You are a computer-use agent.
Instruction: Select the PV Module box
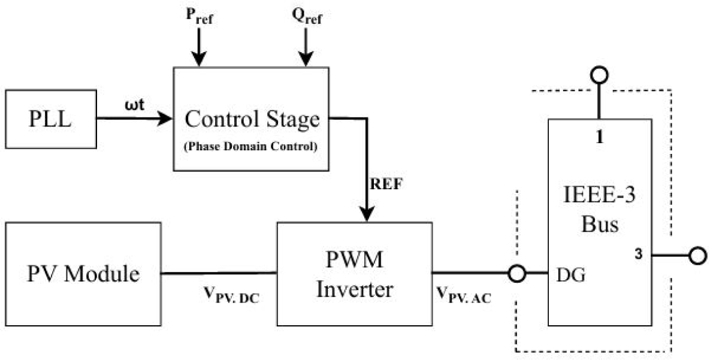tap(83, 274)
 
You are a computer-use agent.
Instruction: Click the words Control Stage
tap(251, 120)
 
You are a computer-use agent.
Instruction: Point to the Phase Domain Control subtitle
tap(251, 146)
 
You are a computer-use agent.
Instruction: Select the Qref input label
tap(306, 19)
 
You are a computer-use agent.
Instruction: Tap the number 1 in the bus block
tap(599, 137)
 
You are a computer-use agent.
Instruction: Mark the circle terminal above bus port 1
tap(599, 75)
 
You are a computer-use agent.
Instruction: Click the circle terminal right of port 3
tap(696, 256)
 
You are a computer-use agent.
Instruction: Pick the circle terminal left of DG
tap(517, 274)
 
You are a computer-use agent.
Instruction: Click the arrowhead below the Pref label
tap(200, 58)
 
